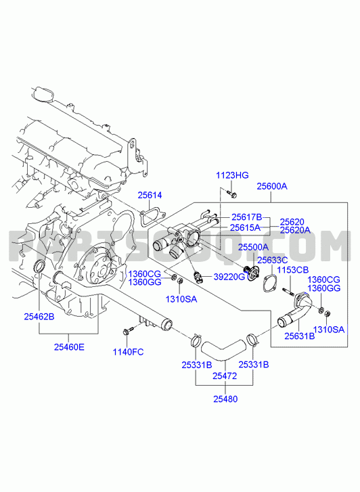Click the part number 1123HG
pyautogui.click(x=232, y=175)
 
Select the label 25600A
pyautogui.click(x=272, y=186)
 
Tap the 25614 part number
pyautogui.click(x=150, y=195)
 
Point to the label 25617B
pyautogui.click(x=247, y=217)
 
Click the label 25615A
pyautogui.click(x=245, y=227)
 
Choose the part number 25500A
pyautogui.click(x=253, y=247)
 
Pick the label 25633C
pyautogui.click(x=273, y=260)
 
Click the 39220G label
pyautogui.click(x=229, y=277)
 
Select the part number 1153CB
pyautogui.click(x=292, y=270)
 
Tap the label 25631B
pyautogui.click(x=300, y=336)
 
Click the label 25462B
pyautogui.click(x=39, y=317)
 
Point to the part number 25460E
pyautogui.click(x=70, y=347)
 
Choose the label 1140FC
pyautogui.click(x=129, y=352)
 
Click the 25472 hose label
pyautogui.click(x=225, y=376)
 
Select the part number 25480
pyautogui.click(x=225, y=399)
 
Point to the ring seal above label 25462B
pyautogui.click(x=39, y=267)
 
